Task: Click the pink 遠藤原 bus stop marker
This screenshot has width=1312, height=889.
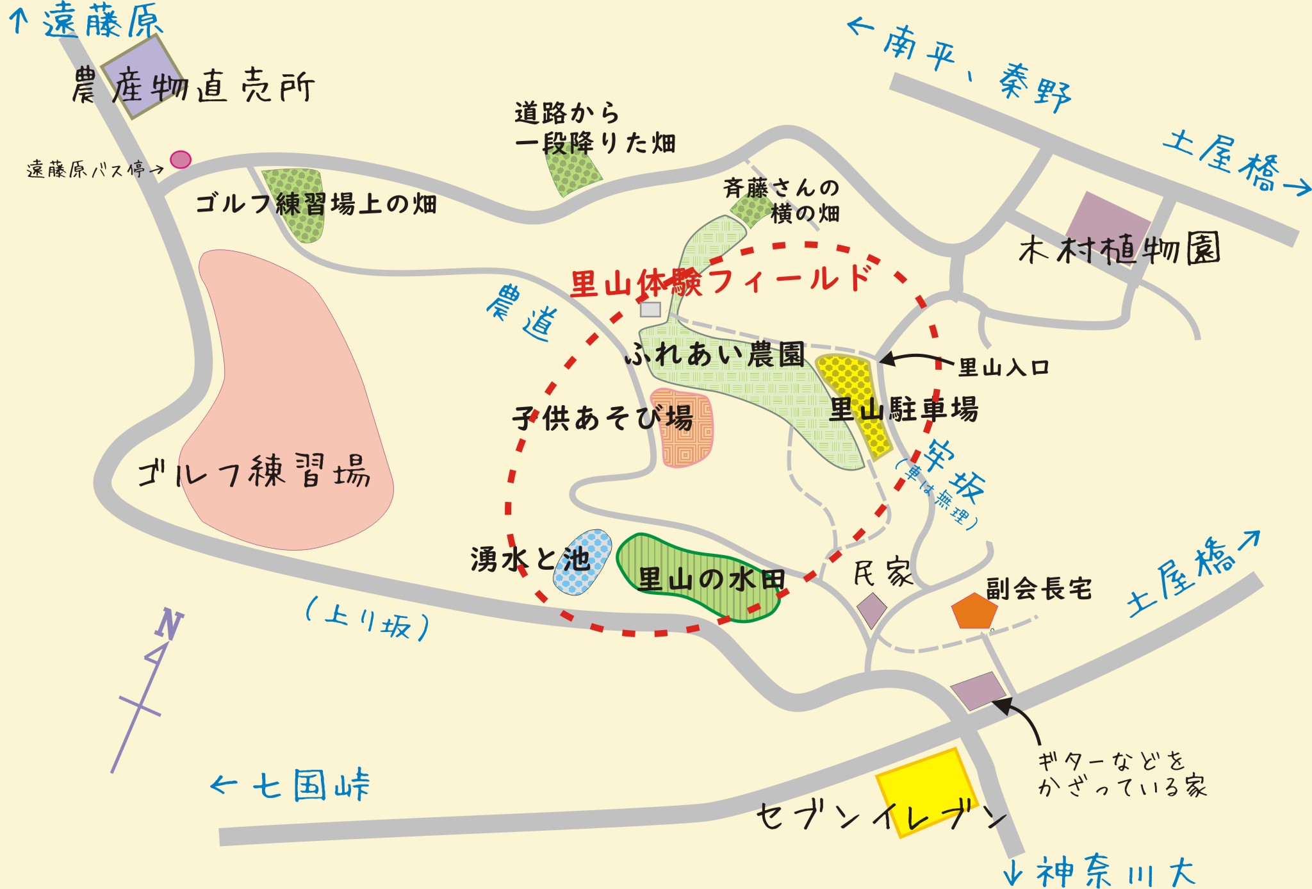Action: click(181, 159)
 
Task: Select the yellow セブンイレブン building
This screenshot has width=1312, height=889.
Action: click(926, 792)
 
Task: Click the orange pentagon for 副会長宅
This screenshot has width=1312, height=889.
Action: click(974, 611)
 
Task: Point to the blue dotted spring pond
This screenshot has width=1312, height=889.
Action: click(583, 561)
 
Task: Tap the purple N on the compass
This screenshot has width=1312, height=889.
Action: click(168, 624)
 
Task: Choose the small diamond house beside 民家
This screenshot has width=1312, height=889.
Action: click(872, 610)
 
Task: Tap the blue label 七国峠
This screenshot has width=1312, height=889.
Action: click(311, 786)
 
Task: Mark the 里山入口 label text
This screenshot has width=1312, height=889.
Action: click(1003, 367)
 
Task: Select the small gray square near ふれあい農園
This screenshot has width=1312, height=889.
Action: click(650, 310)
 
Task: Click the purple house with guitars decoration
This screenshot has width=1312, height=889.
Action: click(977, 691)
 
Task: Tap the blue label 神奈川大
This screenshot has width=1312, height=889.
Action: click(1115, 872)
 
